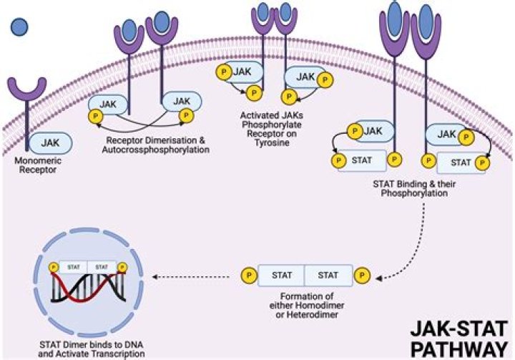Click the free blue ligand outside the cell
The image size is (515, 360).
19,27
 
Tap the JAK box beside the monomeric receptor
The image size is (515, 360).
51,143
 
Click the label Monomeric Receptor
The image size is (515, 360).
38,165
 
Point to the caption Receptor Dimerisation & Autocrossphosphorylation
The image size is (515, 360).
156,145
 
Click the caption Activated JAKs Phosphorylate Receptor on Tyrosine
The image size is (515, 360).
272,130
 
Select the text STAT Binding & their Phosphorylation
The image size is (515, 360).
414,188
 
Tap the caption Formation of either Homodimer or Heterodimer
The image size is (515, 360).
307,306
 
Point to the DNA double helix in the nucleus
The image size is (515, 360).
89,288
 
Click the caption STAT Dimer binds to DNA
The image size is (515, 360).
92,345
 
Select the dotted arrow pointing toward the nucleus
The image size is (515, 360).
191,277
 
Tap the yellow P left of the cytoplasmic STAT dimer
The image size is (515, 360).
250,275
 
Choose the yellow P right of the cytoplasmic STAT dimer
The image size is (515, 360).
362,275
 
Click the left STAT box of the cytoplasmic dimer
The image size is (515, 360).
282,275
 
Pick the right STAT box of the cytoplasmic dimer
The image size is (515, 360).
328,275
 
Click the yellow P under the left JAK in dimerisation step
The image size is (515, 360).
96,116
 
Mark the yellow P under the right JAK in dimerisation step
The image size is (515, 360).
186,115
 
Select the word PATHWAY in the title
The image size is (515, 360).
459,349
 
